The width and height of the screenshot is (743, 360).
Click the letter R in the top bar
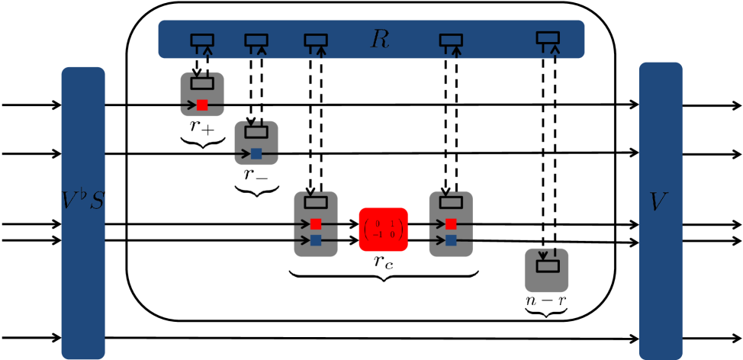pos(379,40)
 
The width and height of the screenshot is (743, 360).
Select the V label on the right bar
pos(658,202)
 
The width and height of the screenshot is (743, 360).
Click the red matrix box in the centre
pos(383,230)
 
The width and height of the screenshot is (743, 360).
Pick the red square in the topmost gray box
pos(202,105)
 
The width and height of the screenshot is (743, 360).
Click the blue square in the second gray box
pos(256,153)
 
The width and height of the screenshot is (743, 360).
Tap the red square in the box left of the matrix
pos(316,224)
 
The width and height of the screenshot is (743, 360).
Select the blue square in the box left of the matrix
pos(316,240)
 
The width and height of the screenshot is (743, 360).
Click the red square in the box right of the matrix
pos(451,224)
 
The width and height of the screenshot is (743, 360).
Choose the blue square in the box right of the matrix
pos(451,240)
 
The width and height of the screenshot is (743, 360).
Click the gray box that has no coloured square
pos(546,270)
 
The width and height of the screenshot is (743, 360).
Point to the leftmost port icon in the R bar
pos(202,40)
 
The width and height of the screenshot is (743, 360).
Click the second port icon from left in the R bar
pos(256,40)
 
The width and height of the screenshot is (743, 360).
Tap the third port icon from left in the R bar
pos(316,40)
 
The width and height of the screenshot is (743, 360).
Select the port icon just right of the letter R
pos(451,40)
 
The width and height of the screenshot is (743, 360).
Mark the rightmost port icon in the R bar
pos(548,38)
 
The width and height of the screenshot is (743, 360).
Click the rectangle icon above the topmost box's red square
pos(202,83)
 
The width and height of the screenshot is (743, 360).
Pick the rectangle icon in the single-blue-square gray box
pos(256,132)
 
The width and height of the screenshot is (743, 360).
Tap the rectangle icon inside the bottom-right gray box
pos(548,266)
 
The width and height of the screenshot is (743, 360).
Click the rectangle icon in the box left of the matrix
pos(316,203)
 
